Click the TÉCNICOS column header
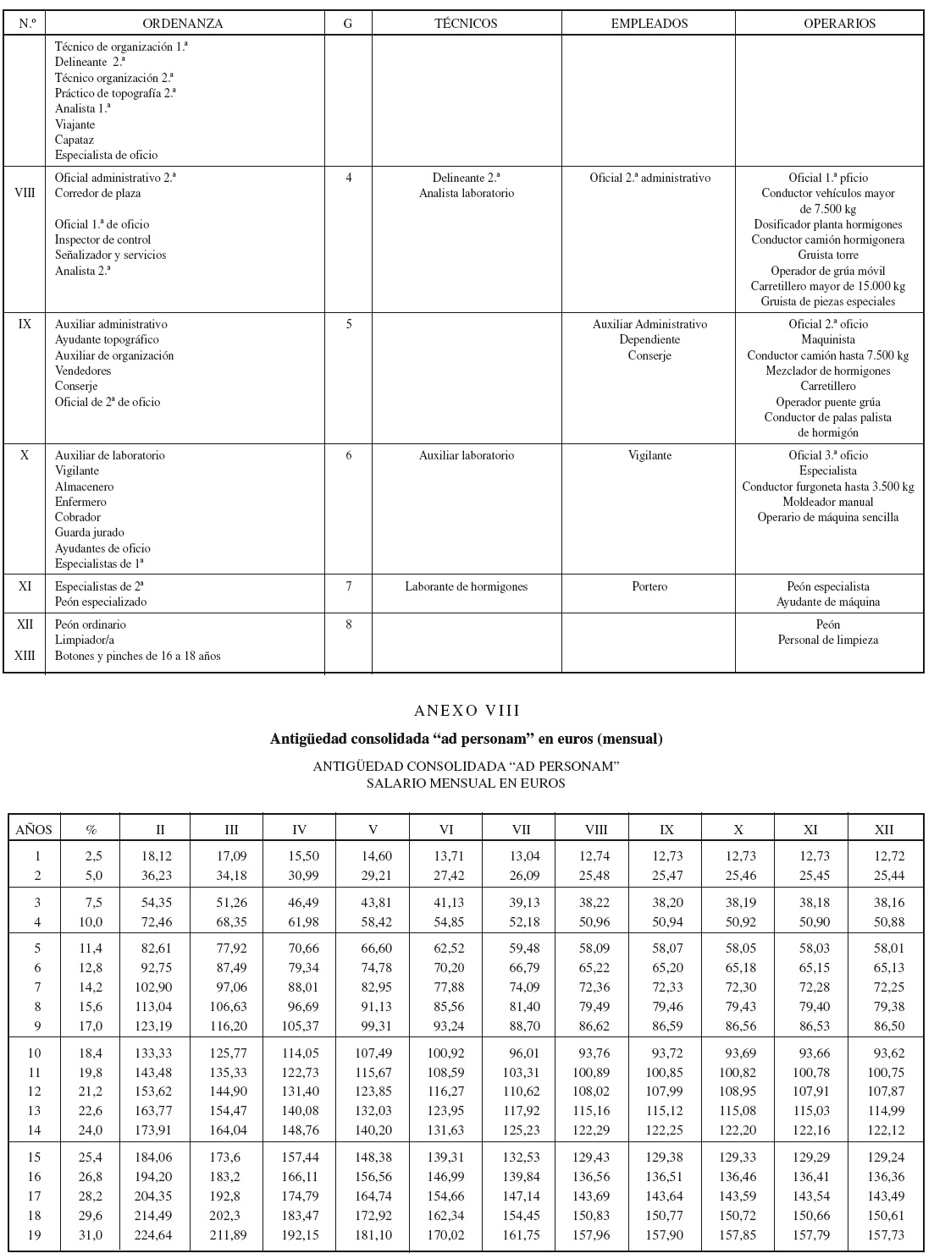(466, 24)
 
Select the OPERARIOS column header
(839, 24)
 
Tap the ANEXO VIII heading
(467, 711)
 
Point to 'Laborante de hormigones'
(466, 587)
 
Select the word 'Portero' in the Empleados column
(649, 587)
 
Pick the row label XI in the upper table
(25, 586)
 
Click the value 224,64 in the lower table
(155, 1235)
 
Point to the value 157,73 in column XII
(886, 1235)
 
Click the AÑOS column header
(35, 830)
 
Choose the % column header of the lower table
(91, 830)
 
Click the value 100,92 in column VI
(447, 1053)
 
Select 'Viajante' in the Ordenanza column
(75, 124)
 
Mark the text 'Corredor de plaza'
(97, 194)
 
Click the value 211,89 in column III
(229, 1235)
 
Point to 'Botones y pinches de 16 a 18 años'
(137, 657)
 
